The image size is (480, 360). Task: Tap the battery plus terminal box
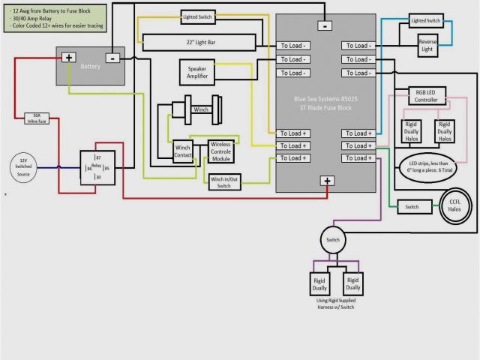pyautogui.click(x=69, y=57)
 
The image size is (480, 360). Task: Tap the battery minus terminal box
pyautogui.click(x=112, y=57)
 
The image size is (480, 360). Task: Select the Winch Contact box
pyautogui.click(x=182, y=150)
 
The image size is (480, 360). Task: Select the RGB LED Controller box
pyautogui.click(x=425, y=95)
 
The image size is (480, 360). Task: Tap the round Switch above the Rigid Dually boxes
pyautogui.click(x=332, y=240)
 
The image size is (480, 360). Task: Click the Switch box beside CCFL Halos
pyautogui.click(x=412, y=206)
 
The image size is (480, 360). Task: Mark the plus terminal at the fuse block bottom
pyautogui.click(x=327, y=180)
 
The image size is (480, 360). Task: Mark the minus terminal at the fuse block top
pyautogui.click(x=325, y=25)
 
